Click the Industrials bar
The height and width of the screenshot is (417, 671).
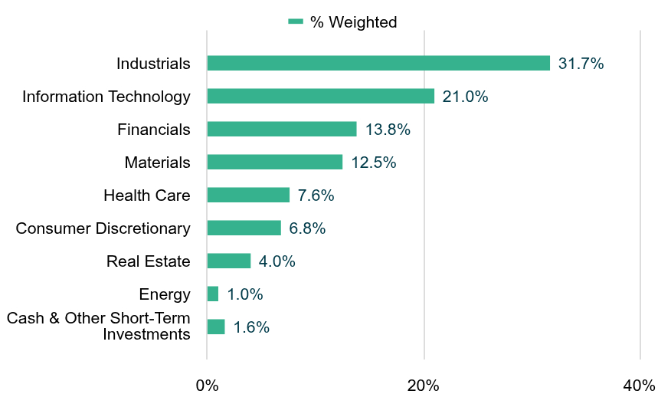click(378, 64)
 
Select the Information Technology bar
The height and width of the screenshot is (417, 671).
click(321, 97)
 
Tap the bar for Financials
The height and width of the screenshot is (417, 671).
click(282, 130)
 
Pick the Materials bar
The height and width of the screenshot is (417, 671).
click(275, 163)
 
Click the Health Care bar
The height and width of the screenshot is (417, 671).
click(249, 195)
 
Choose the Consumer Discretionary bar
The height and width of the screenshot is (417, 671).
click(244, 228)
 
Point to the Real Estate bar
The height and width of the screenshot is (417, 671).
click(229, 261)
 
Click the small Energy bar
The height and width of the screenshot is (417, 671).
click(213, 294)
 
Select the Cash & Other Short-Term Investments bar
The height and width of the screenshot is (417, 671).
click(216, 327)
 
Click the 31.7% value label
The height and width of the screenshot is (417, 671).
click(581, 64)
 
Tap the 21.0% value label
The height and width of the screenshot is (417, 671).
click(465, 97)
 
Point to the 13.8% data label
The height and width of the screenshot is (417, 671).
click(388, 130)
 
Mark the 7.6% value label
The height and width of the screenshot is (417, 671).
click(316, 195)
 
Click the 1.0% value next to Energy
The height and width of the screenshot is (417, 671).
click(245, 294)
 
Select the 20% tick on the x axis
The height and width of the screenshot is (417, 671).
click(423, 386)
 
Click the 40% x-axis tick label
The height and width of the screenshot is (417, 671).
click(639, 386)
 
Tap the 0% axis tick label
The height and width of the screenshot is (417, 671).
click(207, 386)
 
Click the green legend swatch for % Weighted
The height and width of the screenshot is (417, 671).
click(296, 21)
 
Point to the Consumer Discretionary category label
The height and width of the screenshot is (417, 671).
click(103, 228)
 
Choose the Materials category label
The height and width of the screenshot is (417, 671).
click(158, 163)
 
